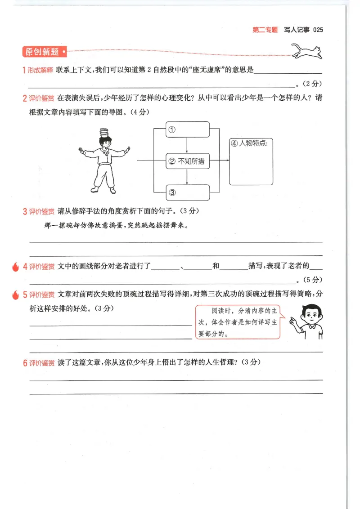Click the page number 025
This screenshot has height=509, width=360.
[x=318, y=30]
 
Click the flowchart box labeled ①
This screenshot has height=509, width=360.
[x=188, y=129]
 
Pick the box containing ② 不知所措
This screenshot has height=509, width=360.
[x=188, y=161]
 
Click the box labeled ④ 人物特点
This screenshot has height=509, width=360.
[x=251, y=161]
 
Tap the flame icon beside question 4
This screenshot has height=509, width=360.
[x=15, y=267]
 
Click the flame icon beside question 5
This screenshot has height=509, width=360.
[x=15, y=295]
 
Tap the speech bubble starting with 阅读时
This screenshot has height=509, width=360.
[x=238, y=322]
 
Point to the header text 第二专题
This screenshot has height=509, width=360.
[x=265, y=30]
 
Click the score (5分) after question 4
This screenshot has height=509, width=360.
[x=312, y=280]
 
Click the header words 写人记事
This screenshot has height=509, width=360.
[x=297, y=30]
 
